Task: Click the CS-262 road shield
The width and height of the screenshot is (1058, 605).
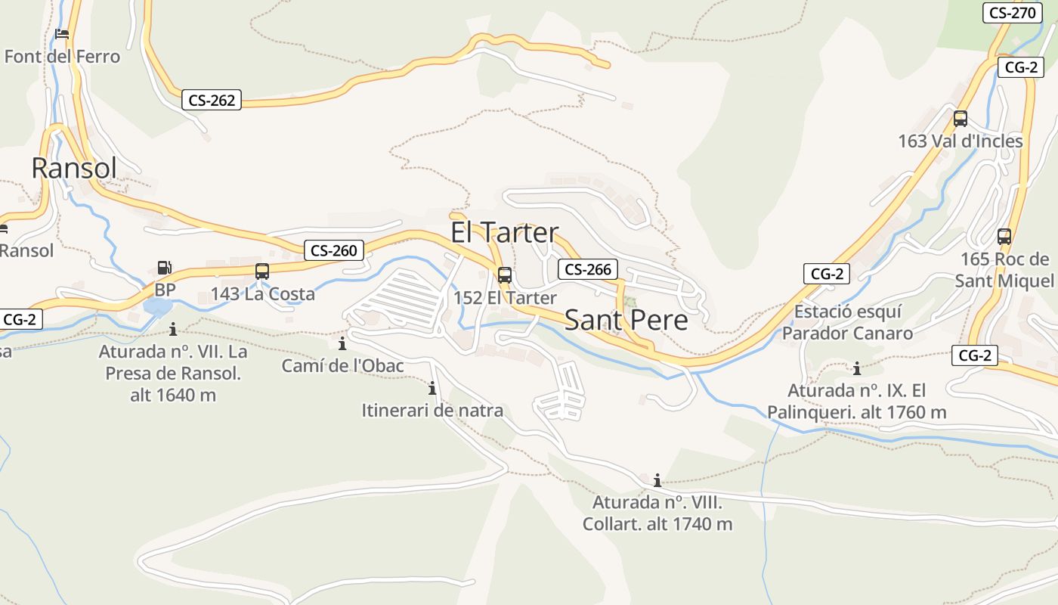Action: [212, 100]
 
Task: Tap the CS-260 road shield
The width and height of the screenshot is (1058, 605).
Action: [334, 250]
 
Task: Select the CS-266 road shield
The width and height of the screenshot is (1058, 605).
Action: [588, 269]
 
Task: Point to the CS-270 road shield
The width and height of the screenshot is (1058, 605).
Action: [1012, 13]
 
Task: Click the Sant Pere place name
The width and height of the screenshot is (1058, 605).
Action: [626, 320]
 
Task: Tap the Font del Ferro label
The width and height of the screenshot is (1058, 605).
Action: [62, 57]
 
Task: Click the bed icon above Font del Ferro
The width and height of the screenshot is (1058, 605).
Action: [62, 34]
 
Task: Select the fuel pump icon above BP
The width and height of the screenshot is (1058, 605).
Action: [164, 268]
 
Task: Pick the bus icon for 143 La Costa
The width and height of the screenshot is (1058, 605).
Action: [262, 271]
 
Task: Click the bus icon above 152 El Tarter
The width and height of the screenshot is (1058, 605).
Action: [505, 275]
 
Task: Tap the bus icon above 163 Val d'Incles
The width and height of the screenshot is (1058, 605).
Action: [961, 119]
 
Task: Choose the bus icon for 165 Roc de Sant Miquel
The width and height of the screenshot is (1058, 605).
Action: [1004, 236]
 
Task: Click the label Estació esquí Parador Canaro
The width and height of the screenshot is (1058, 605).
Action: [847, 322]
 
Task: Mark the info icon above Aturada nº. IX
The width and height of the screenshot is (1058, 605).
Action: [857, 369]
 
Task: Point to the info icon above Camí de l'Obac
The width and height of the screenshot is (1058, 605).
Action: [342, 344]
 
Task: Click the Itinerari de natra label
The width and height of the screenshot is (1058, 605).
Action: [432, 411]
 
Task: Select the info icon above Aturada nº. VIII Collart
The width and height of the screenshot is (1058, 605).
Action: [657, 480]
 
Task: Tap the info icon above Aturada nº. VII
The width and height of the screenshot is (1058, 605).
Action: [173, 329]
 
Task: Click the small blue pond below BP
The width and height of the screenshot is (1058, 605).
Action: [157, 306]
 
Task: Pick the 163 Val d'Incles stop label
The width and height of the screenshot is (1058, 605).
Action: [960, 141]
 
